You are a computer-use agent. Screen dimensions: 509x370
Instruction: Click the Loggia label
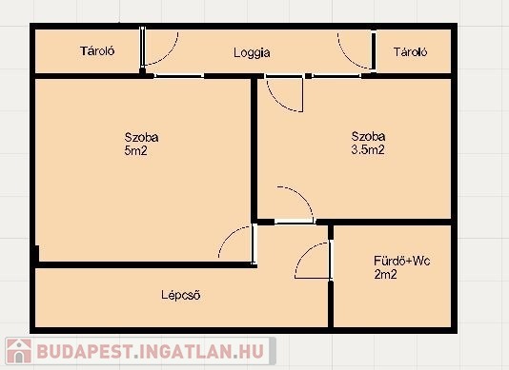[x=252, y=53]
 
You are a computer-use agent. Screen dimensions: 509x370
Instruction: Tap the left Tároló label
[x=97, y=50]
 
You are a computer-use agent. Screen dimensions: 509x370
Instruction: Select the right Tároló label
[x=410, y=52]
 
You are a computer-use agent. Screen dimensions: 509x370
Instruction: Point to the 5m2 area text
[x=135, y=150]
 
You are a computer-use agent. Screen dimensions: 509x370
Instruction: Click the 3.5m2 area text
[x=368, y=149]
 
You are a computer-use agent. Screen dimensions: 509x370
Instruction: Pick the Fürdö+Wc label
[x=402, y=261]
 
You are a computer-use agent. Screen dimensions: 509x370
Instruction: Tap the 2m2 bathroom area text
[x=385, y=275]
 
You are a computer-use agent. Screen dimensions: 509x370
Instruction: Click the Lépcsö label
[x=181, y=295]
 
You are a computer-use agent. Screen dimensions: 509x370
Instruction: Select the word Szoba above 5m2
[x=141, y=137]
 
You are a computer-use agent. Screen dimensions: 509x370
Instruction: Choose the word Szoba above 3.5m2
[x=368, y=136]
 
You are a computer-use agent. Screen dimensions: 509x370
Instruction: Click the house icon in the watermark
[x=19, y=351]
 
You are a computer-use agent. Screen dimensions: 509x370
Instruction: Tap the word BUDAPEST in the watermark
[x=85, y=351]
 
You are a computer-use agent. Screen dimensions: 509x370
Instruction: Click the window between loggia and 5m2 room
[x=179, y=76]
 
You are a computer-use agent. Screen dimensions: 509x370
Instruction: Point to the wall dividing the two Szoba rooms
[x=254, y=149]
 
